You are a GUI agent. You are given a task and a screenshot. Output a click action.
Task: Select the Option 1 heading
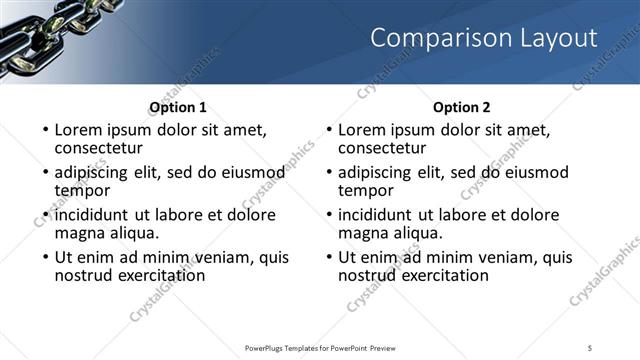[178, 107]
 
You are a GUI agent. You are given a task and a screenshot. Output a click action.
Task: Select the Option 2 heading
[461, 107]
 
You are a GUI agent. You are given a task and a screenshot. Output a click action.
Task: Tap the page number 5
[590, 347]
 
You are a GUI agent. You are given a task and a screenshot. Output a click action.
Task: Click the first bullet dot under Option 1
[45, 130]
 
